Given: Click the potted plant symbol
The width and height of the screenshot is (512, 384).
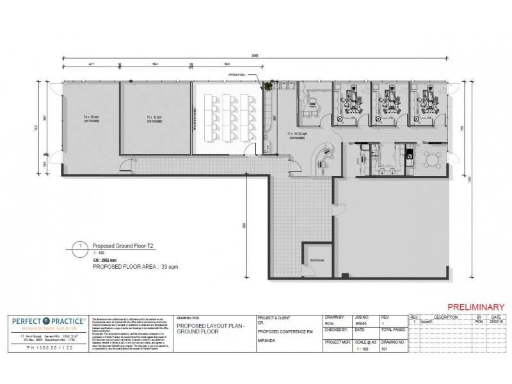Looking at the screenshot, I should click(270, 84).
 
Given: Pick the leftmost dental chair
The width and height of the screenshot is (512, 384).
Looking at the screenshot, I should click(351, 102).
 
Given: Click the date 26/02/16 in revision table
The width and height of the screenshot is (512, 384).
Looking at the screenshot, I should click(495, 324).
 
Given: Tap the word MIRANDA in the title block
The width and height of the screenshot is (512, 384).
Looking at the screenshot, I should click(268, 340).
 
